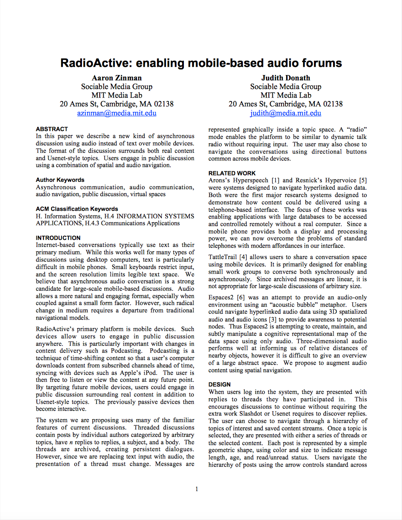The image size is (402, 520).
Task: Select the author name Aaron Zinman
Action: tap(117, 78)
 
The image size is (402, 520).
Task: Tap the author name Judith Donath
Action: tap(285, 78)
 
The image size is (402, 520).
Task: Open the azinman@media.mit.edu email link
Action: tap(117, 113)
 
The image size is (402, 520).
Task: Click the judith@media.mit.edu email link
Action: tap(285, 113)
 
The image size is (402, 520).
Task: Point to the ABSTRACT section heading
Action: tap(52, 129)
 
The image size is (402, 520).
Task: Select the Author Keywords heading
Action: tap(60, 180)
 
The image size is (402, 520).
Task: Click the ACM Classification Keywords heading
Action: tap(77, 209)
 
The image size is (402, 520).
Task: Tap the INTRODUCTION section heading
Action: tap(58, 238)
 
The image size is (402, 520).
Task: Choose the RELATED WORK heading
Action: tap(232, 173)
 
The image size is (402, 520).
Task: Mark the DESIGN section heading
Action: tap(219, 385)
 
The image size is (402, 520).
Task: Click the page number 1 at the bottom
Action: tap(196, 489)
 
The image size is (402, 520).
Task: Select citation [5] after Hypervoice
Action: tap(363, 180)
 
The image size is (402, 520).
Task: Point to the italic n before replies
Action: tap(71, 442)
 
